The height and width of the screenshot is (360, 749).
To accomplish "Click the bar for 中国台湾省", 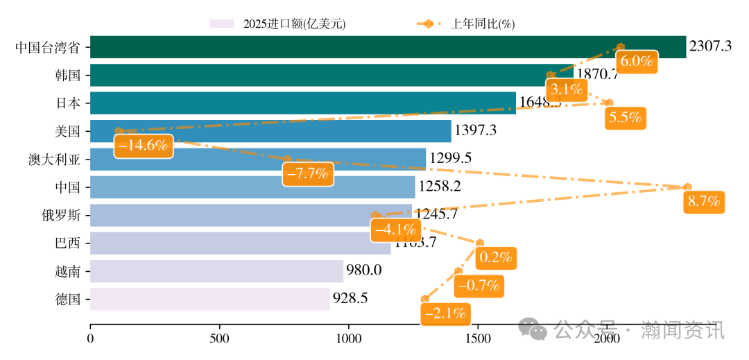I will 388,47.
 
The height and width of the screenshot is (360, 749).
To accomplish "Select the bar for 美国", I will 270,131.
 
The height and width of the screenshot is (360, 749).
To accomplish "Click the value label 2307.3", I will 710,47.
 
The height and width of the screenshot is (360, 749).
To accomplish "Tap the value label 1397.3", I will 476,130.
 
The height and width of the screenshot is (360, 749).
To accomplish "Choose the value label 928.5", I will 350,299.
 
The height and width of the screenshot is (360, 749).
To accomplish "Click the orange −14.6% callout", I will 143,146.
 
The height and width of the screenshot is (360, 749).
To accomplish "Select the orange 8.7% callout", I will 704,202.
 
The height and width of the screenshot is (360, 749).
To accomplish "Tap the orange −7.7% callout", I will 307,173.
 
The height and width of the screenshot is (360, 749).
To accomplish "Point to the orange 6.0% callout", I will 637,61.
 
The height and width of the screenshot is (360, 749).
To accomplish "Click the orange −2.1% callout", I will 445,314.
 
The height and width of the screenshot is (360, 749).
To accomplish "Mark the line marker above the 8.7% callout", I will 687,187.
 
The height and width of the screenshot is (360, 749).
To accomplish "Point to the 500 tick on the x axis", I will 220,338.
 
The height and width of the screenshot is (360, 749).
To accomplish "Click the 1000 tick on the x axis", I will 349,338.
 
